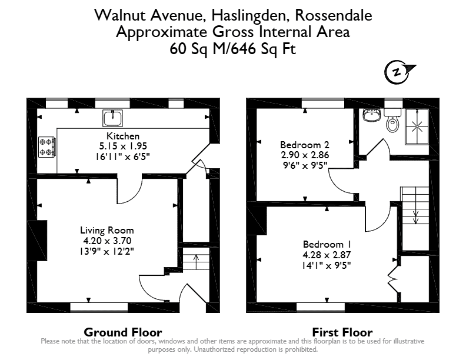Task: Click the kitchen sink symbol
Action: [x=112, y=118]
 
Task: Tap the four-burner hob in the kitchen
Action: [x=47, y=146]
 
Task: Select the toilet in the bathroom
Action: [x=392, y=121]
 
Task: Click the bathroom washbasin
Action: [x=371, y=115]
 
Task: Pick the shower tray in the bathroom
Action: [x=417, y=126]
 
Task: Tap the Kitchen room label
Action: [x=123, y=136]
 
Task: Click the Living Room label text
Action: [x=107, y=230]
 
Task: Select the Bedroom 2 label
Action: [x=305, y=145]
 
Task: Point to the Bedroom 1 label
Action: [x=327, y=244]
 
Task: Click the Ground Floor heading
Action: [x=123, y=332]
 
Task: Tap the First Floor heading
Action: [x=342, y=332]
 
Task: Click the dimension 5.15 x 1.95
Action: [x=123, y=146]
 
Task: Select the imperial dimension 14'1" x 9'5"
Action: [x=327, y=265]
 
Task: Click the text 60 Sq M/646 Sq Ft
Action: [x=232, y=49]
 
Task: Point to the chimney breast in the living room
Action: [x=38, y=241]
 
